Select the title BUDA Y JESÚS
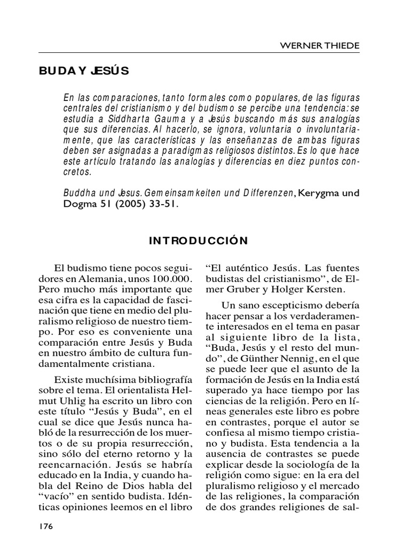point(84,72)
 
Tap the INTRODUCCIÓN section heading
point(199,240)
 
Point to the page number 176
point(46,527)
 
